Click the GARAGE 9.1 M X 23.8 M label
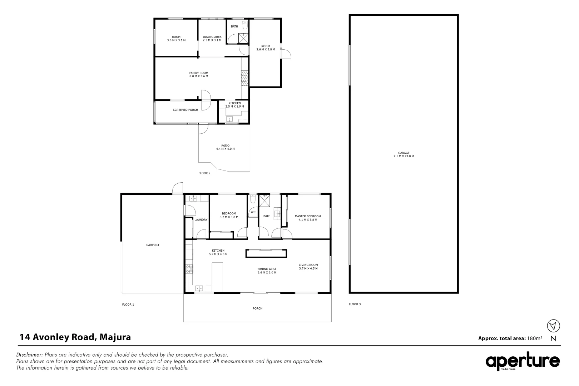click(404, 154)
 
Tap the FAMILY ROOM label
click(198, 74)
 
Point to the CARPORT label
click(153, 245)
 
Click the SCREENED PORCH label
click(185, 110)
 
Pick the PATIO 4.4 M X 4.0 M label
click(225, 147)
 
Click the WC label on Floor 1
click(253, 212)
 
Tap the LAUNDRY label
click(201, 219)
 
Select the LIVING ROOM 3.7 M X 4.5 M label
click(308, 267)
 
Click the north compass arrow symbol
click(553, 326)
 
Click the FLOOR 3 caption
click(355, 304)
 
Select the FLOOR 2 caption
click(204, 173)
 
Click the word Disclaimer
click(30, 355)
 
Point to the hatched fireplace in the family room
click(244, 78)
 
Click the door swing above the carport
click(177, 188)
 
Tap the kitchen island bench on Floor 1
click(217, 277)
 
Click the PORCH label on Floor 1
click(257, 308)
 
